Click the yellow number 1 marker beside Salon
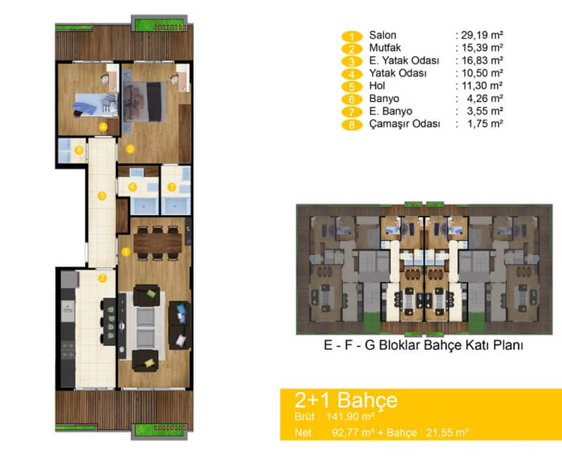[x=352, y=36]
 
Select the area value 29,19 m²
[x=482, y=35]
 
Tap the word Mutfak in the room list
[x=385, y=48]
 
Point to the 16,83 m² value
[x=482, y=60]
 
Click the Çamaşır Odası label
[x=405, y=124]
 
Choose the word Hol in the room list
[x=377, y=86]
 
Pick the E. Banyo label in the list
[x=391, y=112]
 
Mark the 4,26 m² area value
[x=485, y=98]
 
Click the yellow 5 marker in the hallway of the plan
[x=102, y=196]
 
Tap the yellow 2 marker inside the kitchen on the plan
[x=102, y=278]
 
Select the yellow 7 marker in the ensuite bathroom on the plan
[x=171, y=187]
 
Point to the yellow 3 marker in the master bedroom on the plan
[x=130, y=149]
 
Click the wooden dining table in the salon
[x=157, y=243]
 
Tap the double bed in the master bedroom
[x=145, y=102]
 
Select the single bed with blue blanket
[x=96, y=104]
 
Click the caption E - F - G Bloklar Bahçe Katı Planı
[x=424, y=345]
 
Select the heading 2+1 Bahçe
[x=346, y=400]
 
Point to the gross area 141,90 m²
[x=350, y=417]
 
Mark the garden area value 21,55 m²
[x=447, y=433]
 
